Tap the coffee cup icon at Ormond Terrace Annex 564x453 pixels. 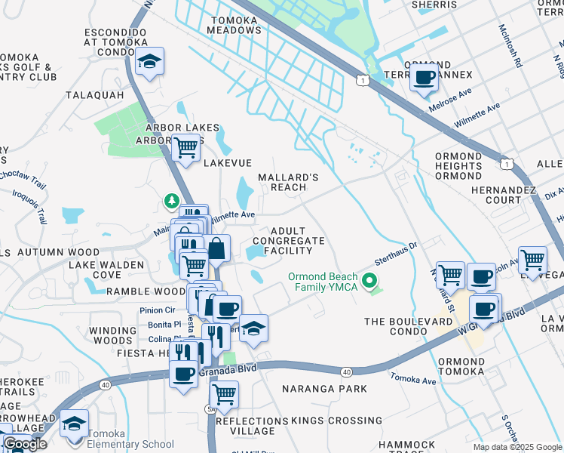click(425, 77)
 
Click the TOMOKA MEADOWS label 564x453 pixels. click(235, 25)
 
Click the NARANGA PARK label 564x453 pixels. click(324, 389)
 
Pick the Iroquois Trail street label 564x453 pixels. click(29, 202)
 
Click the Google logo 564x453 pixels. click(24, 444)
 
